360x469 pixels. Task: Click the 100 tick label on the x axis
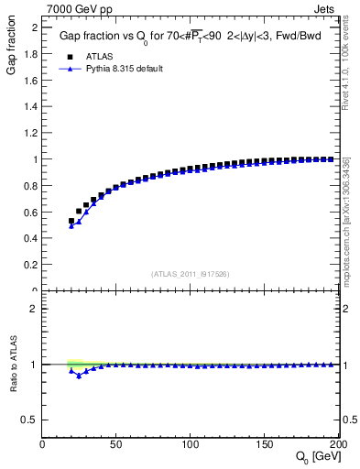(191, 444)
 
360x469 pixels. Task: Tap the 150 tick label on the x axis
(265, 444)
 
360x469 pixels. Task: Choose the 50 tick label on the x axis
(117, 444)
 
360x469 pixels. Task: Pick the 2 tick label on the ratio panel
(33, 309)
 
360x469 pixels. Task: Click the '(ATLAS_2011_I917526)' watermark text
(191, 273)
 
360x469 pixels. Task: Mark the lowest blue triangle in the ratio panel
(79, 376)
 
